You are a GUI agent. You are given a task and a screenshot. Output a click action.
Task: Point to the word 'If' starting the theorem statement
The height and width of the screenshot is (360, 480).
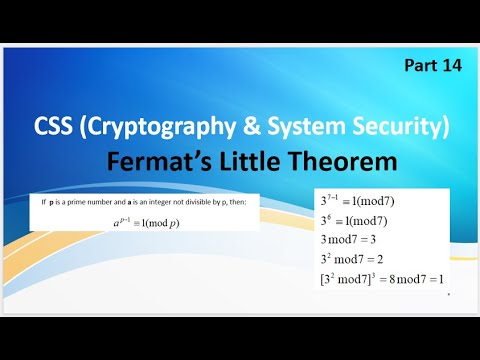[43, 202]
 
